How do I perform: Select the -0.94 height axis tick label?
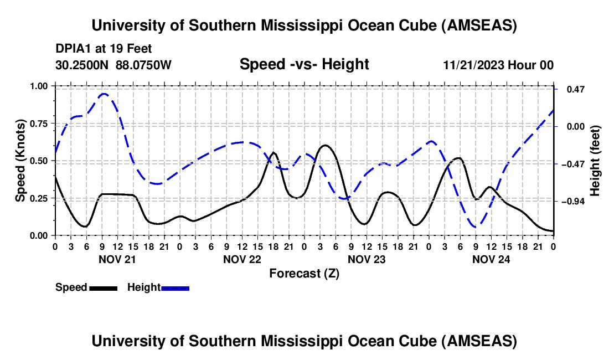click(x=572, y=202)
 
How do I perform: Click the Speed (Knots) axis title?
click(x=20, y=161)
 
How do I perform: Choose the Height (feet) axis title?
click(x=595, y=161)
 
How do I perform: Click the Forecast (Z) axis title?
click(x=304, y=273)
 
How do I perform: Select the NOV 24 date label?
click(x=492, y=259)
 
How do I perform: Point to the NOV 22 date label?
click(x=242, y=259)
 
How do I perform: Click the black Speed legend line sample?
click(x=102, y=287)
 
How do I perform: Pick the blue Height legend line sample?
click(x=175, y=287)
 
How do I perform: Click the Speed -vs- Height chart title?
click(x=304, y=64)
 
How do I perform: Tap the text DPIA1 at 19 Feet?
click(x=104, y=49)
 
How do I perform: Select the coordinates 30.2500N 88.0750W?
click(x=113, y=65)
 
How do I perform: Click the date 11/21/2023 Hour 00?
click(x=498, y=65)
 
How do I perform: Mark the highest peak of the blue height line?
click(x=104, y=94)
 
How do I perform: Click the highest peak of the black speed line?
click(x=325, y=145)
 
